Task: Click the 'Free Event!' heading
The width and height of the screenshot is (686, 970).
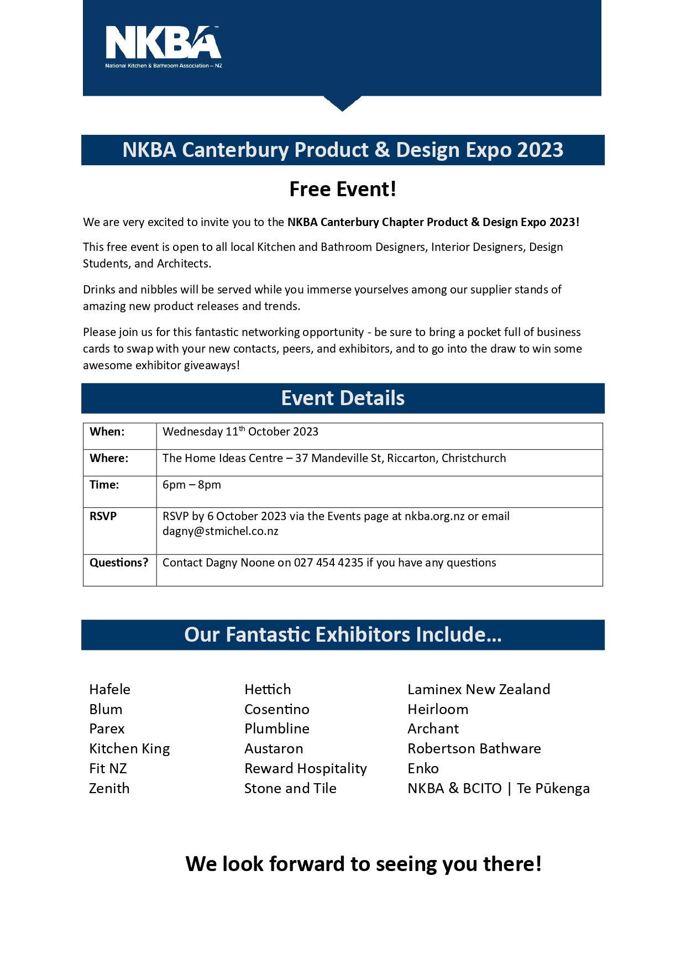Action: [343, 189]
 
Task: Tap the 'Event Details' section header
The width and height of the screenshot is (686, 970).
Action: [343, 398]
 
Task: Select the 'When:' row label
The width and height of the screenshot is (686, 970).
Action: [107, 432]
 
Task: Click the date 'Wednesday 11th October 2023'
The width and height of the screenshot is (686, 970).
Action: [240, 432]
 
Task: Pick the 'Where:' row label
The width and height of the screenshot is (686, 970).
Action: [109, 458]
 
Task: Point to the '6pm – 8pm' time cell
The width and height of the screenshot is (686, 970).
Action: [192, 485]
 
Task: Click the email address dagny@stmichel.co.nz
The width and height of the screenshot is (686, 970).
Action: [221, 531]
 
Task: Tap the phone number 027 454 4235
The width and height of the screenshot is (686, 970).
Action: [328, 563]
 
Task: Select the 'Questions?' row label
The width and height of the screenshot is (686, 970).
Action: [119, 563]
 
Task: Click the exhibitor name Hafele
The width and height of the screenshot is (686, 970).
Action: [110, 689]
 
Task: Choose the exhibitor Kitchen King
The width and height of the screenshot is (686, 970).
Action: [129, 748]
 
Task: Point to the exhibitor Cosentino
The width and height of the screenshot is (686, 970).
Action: [277, 709]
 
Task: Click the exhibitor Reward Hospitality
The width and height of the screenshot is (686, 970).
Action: [306, 768]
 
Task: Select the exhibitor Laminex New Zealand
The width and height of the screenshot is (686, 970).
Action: [479, 689]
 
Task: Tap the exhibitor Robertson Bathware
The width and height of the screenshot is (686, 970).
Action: [474, 748]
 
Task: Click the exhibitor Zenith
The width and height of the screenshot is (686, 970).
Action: [109, 788]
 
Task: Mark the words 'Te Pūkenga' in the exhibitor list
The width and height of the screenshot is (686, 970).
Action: [553, 788]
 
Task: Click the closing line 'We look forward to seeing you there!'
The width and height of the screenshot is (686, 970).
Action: [363, 864]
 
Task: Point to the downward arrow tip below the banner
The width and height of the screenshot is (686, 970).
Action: [342, 108]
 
